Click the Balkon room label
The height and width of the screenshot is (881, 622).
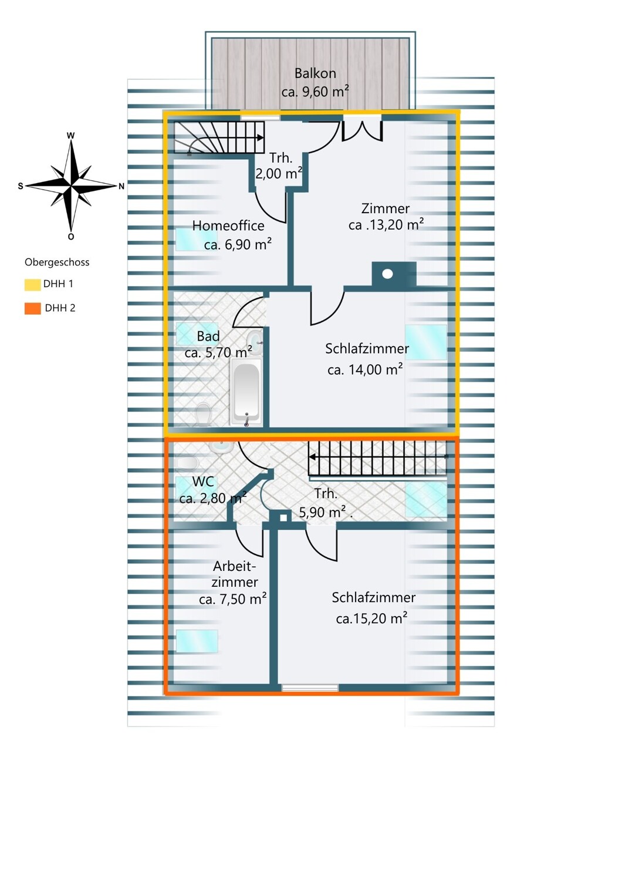click(x=315, y=73)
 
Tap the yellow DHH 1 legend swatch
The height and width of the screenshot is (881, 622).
click(x=33, y=284)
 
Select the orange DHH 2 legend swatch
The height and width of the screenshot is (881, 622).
click(x=33, y=308)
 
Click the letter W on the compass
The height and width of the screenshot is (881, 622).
click(x=71, y=136)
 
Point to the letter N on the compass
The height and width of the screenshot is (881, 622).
click(x=121, y=186)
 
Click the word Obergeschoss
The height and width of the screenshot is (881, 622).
click(x=57, y=263)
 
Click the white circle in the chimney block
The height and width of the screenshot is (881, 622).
click(x=387, y=274)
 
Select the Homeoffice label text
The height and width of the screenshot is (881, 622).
click(x=228, y=226)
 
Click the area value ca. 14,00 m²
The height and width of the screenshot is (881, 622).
click(x=365, y=369)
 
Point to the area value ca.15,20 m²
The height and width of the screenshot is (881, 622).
click(x=371, y=618)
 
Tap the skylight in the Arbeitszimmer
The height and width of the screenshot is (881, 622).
click(x=197, y=641)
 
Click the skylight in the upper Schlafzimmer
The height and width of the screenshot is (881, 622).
click(x=426, y=342)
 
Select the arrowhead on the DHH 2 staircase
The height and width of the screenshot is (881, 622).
click(x=313, y=457)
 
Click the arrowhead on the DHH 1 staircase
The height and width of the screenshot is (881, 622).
click(x=260, y=138)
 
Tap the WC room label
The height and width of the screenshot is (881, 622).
click(x=203, y=482)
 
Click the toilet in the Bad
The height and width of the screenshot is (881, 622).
click(x=204, y=415)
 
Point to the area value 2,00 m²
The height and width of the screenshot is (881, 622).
click(x=279, y=173)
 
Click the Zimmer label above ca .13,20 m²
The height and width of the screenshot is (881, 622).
click(x=386, y=209)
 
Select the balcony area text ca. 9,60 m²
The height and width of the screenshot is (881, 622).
click(x=315, y=92)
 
